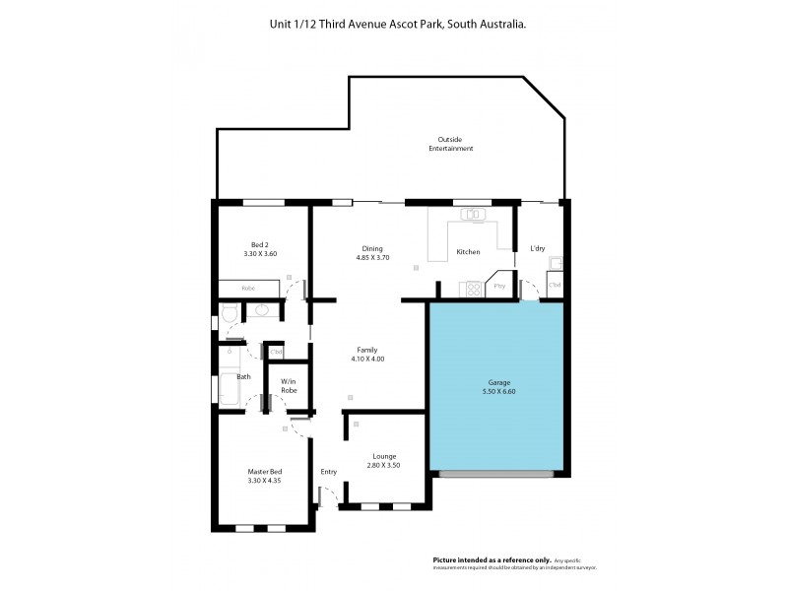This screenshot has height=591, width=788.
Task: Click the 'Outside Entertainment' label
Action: pyautogui.click(x=450, y=144)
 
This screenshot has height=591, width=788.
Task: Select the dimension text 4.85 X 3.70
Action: pyautogui.click(x=373, y=258)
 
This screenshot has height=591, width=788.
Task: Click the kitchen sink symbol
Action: pyautogui.click(x=472, y=213)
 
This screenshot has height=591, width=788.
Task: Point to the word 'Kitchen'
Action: pyautogui.click(x=468, y=252)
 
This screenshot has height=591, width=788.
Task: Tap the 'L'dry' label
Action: pyautogui.click(x=538, y=248)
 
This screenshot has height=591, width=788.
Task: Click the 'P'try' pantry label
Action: pyautogui.click(x=499, y=286)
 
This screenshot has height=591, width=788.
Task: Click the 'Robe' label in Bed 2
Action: pyautogui.click(x=249, y=288)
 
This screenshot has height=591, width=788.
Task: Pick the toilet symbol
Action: pyautogui.click(x=229, y=313)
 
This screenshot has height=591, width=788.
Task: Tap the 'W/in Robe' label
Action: pyautogui.click(x=289, y=385)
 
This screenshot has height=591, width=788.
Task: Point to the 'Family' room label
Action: pyautogui.click(x=367, y=349)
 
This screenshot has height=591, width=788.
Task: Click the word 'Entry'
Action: pyautogui.click(x=328, y=472)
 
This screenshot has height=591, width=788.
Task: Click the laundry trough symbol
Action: pyautogui.click(x=556, y=262)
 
